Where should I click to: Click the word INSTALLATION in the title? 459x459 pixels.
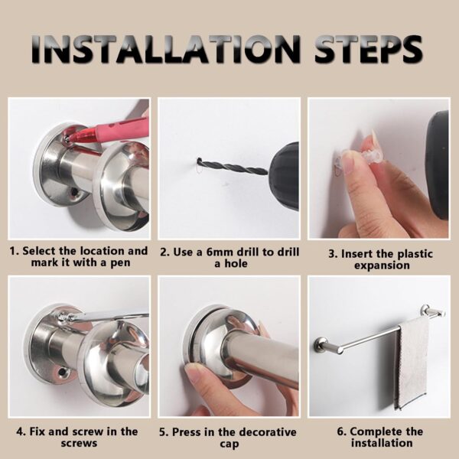click(166, 49)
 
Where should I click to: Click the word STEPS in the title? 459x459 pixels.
click(369, 49)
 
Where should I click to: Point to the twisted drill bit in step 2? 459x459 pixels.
click(232, 167)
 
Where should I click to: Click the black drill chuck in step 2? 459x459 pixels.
click(285, 172)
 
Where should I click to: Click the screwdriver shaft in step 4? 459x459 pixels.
click(109, 317)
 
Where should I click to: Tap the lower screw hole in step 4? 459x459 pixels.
click(62, 373)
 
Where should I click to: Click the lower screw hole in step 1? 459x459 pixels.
click(74, 192)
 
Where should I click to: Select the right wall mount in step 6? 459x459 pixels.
click(432, 312)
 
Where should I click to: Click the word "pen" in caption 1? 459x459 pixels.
click(120, 263)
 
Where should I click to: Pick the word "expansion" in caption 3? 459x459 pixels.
click(382, 265)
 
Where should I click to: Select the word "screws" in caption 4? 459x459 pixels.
click(79, 443)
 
